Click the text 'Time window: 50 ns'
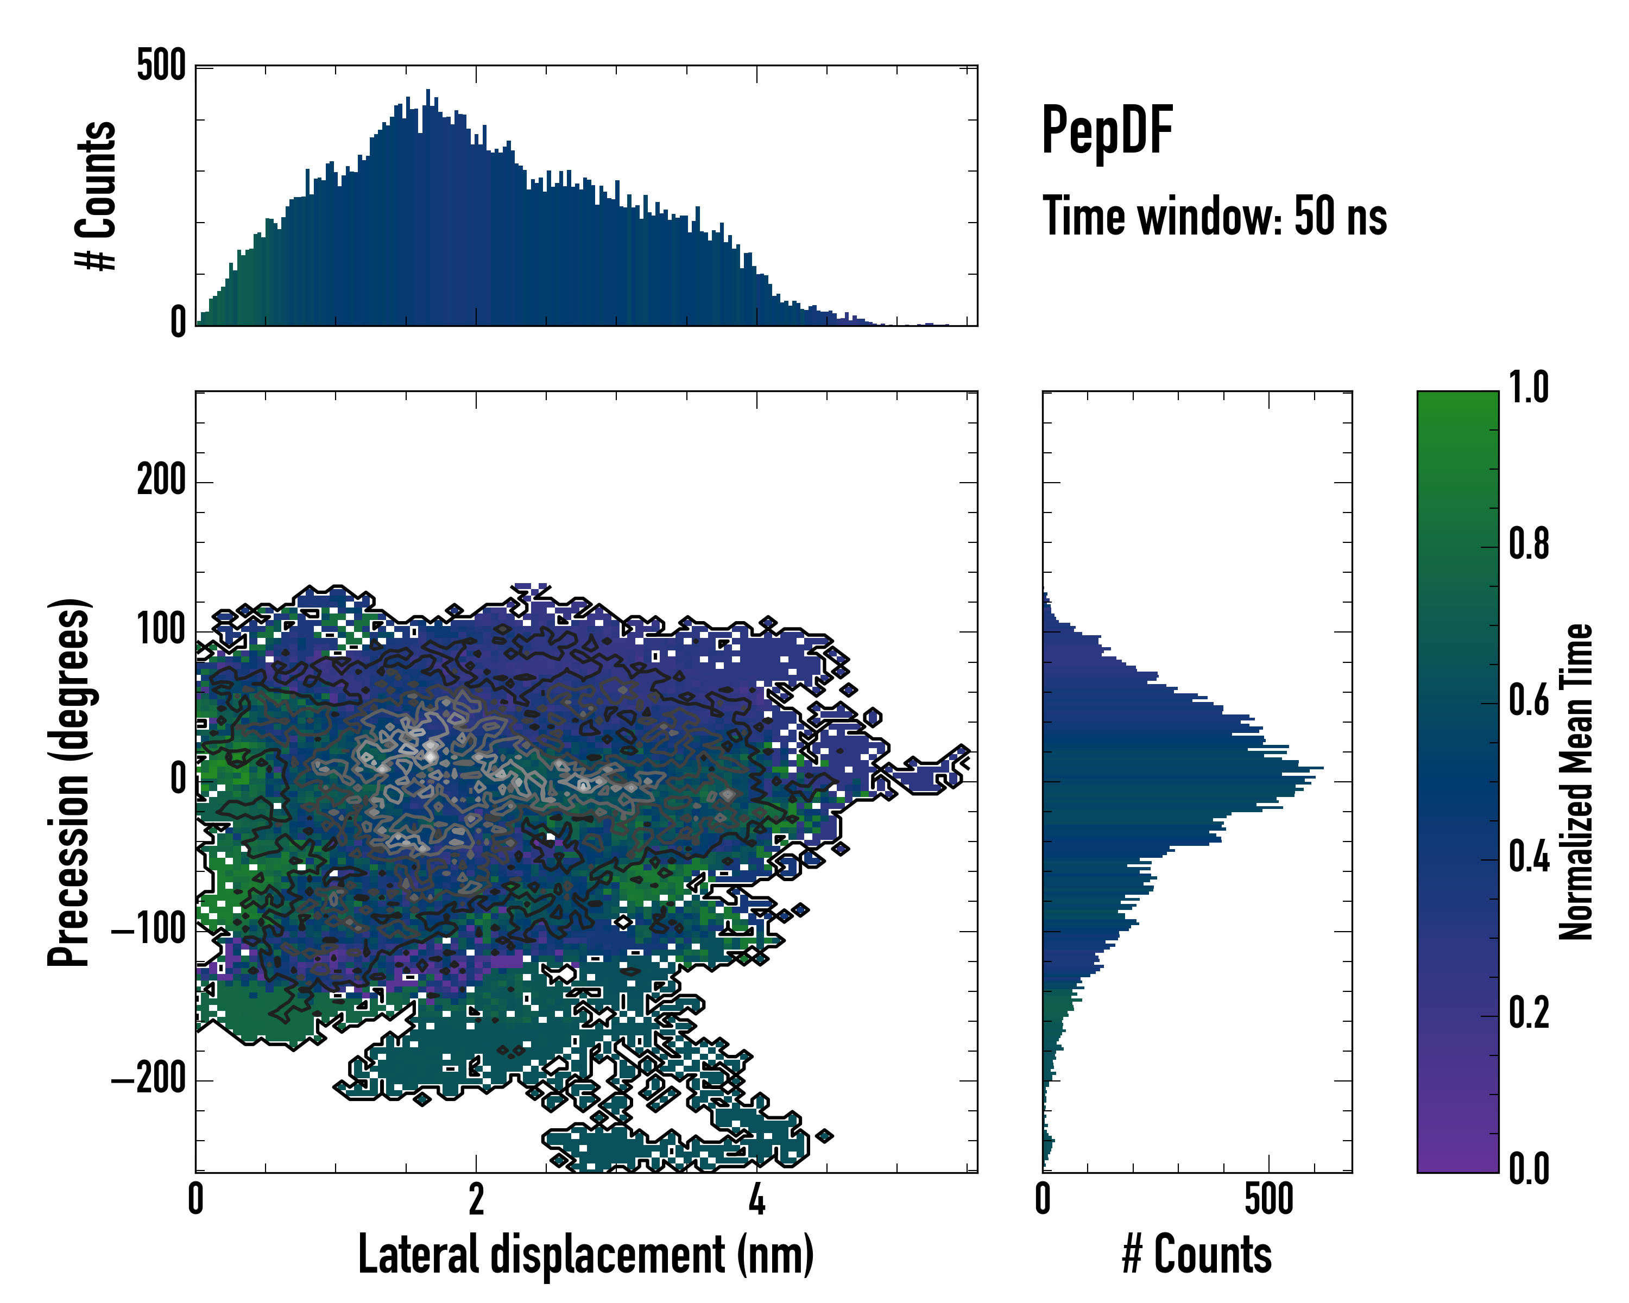tap(1214, 216)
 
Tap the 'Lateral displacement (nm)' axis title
tap(585, 1255)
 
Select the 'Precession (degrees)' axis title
tap(70, 782)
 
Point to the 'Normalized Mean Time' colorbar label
tap(1576, 782)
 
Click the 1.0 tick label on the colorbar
tap(1529, 388)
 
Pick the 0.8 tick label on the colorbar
tap(1529, 544)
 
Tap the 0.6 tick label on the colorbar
tap(1529, 700)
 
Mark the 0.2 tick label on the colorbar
tap(1529, 1013)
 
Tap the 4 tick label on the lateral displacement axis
tap(756, 1199)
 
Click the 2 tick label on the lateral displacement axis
tap(476, 1199)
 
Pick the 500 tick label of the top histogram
tap(161, 66)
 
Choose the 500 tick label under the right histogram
tap(1268, 1199)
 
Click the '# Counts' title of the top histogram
tap(97, 195)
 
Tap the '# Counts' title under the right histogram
tap(1197, 1255)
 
